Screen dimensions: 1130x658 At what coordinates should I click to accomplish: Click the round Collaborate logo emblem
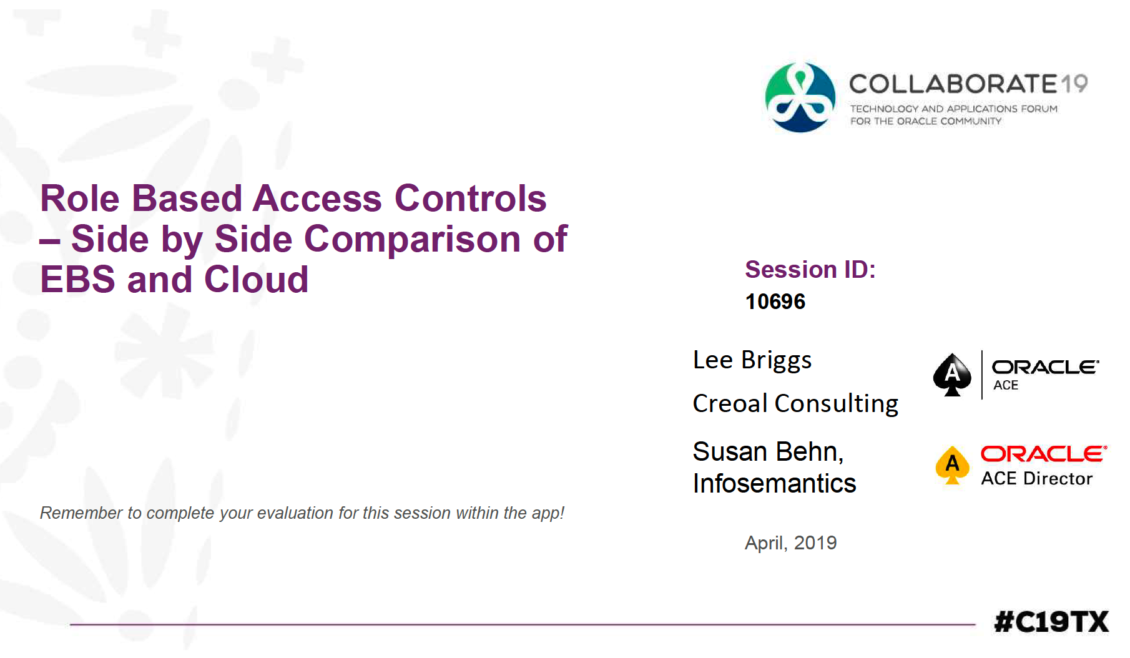coord(800,97)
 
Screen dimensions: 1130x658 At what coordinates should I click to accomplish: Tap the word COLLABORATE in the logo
coord(954,84)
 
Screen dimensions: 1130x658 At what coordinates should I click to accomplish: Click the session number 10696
coord(775,302)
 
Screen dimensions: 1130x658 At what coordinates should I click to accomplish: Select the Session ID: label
coord(810,270)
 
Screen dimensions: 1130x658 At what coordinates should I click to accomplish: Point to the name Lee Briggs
coord(752,360)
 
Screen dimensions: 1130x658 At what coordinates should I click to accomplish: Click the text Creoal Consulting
coord(795,403)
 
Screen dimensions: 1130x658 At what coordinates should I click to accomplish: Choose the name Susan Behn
coord(768,451)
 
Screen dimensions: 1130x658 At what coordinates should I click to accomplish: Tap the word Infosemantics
coord(774,484)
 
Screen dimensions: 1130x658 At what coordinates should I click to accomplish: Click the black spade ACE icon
coord(952,375)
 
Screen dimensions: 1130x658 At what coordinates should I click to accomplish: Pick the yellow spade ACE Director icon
coord(952,465)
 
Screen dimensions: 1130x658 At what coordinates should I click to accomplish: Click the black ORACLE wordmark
coord(1045,367)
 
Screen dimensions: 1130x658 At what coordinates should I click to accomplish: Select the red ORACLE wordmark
coord(1044,454)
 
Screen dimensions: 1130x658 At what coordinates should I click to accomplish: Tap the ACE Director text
coord(1036,479)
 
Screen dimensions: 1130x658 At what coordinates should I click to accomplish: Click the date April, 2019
coord(790,543)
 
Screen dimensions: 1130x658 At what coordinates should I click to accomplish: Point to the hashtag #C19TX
coord(1051,622)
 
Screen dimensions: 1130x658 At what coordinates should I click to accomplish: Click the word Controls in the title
coord(470,199)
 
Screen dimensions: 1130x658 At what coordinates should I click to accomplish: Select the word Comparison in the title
coord(412,240)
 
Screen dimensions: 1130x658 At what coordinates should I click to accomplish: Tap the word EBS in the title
coord(78,280)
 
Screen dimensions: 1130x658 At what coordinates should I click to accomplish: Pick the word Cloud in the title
coord(256,279)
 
